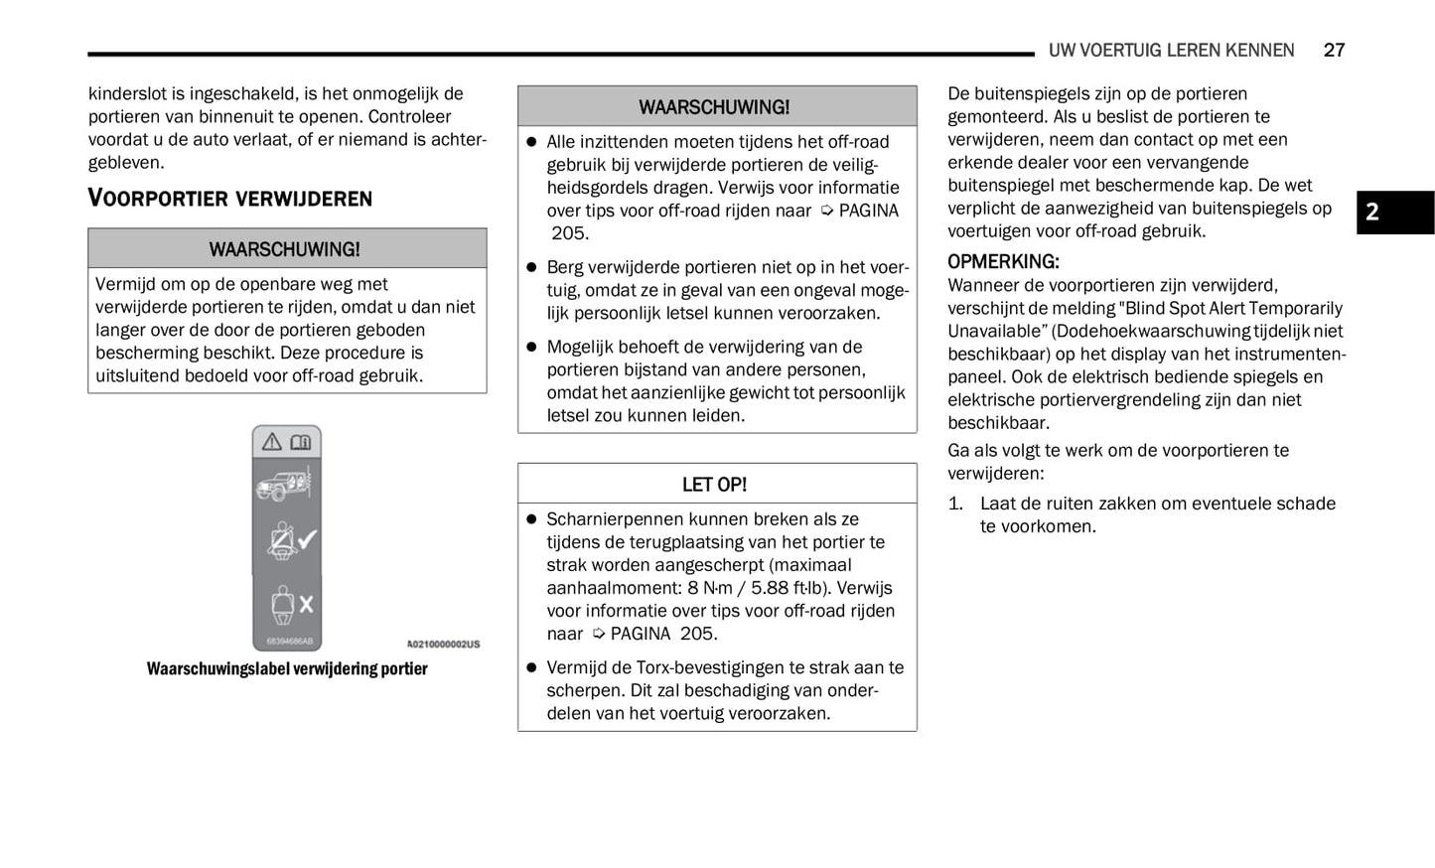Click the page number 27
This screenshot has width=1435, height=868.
tap(1334, 50)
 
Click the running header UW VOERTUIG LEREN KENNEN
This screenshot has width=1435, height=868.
tap(1171, 50)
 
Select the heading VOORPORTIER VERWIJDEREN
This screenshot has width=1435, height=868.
tap(230, 198)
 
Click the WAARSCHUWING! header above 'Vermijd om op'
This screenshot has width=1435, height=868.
tap(285, 249)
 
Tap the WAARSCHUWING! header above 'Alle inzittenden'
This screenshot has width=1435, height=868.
tap(714, 106)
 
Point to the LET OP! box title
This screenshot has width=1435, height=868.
tap(714, 485)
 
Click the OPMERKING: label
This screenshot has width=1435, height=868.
tap(1003, 261)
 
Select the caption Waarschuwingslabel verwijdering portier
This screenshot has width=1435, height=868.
tap(287, 668)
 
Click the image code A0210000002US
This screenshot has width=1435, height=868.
tap(443, 645)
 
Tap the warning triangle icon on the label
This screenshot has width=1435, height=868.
tap(272, 443)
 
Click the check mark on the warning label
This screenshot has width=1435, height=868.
tap(307, 539)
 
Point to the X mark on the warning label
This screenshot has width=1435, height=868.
tap(306, 603)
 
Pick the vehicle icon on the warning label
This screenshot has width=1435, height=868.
tap(284, 486)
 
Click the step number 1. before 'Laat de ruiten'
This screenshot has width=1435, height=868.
tap(955, 504)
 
